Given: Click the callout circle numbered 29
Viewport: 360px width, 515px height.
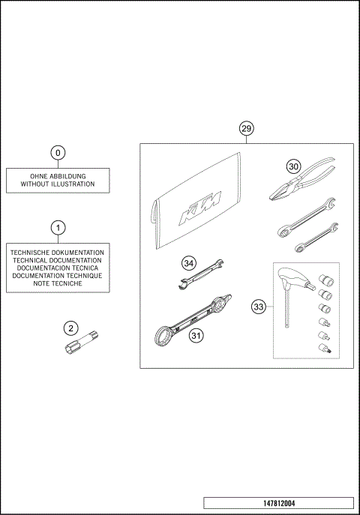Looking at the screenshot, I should [x=246, y=128].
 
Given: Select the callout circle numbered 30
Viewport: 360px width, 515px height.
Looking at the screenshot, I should [x=292, y=167].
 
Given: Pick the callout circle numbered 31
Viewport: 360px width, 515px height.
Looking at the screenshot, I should [x=196, y=336].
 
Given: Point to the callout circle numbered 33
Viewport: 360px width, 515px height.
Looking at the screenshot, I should [x=258, y=306].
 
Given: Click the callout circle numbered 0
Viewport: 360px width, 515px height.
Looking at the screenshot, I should [x=58, y=153].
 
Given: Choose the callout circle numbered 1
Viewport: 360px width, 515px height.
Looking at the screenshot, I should [x=58, y=227].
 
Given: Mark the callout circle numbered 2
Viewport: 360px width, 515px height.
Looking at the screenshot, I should [x=70, y=328].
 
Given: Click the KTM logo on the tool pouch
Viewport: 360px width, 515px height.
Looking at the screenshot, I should [x=197, y=208].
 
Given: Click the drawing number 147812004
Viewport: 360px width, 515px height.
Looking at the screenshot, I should [x=277, y=503].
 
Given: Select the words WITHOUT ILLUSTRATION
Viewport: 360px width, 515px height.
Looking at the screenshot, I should [x=58, y=184].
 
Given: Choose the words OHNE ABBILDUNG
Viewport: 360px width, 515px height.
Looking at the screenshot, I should [x=58, y=176].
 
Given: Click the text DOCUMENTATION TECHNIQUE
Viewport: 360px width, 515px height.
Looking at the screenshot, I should [x=58, y=276].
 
